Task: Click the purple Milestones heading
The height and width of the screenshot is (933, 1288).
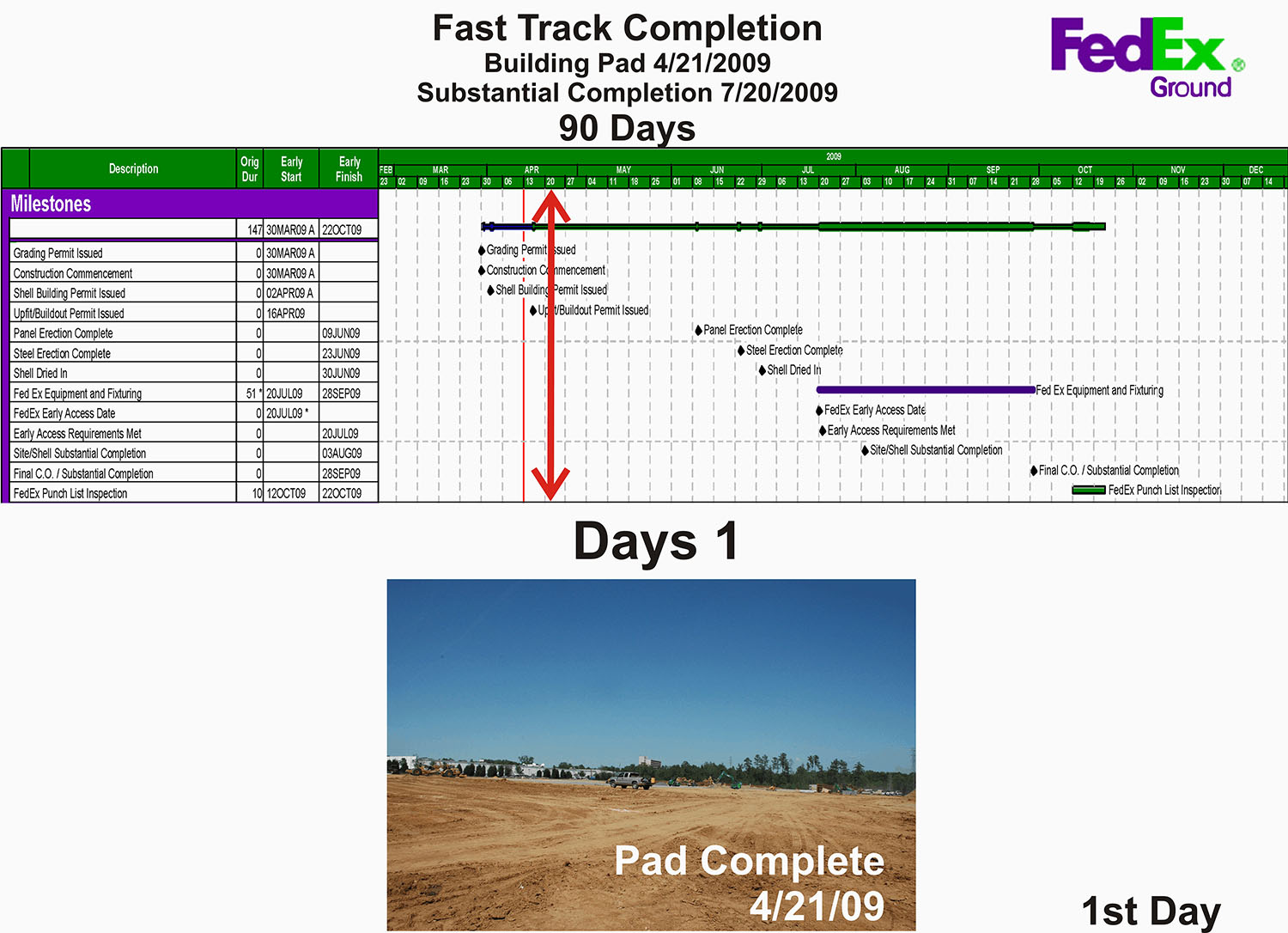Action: pos(51,204)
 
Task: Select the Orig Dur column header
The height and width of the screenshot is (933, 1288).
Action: pos(249,168)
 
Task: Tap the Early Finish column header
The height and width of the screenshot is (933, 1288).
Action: pos(349,168)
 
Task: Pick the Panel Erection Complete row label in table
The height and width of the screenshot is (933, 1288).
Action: pos(64,333)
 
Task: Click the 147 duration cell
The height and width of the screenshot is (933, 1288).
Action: pos(254,230)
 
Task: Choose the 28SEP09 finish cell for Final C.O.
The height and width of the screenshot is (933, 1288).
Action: pos(341,473)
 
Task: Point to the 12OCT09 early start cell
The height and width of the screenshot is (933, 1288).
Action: pos(286,494)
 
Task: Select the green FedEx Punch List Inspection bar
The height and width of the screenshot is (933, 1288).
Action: pos(1089,490)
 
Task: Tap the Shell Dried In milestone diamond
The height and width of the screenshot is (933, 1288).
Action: pos(762,370)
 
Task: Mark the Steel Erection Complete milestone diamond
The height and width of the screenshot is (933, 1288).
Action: pos(741,351)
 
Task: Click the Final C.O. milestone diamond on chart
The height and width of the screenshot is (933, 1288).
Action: pos(1034,471)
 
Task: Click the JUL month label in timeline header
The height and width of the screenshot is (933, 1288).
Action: pos(807,170)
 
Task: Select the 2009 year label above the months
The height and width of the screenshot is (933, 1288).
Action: pos(834,156)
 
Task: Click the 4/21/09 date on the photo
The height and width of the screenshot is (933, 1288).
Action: pos(817,906)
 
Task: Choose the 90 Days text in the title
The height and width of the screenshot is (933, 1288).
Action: pos(627,128)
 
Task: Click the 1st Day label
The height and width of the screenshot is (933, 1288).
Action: pos(1151,911)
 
